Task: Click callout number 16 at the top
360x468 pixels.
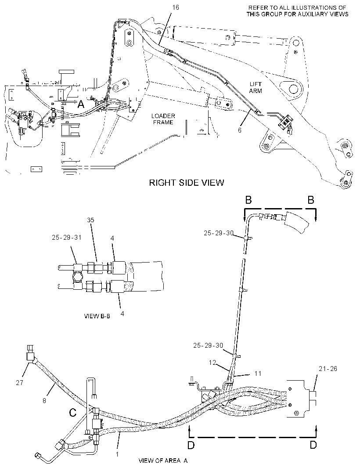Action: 176,7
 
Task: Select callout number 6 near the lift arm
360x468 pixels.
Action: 239,130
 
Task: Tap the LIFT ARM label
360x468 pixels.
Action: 255,87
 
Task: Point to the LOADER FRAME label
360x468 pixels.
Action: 163,119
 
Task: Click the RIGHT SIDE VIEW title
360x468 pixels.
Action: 187,182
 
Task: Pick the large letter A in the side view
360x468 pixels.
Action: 81,104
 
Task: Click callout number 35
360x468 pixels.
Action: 90,220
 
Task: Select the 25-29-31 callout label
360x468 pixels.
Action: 66,237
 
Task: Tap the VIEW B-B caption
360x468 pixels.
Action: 97,316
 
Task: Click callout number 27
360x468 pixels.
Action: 19,382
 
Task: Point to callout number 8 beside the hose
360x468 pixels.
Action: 44,401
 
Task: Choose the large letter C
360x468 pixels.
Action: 72,413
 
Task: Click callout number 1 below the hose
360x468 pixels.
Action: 117,454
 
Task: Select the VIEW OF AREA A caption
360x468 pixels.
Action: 163,461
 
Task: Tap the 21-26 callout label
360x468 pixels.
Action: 328,369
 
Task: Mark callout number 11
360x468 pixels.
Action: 258,373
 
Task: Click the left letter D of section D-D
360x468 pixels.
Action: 191,445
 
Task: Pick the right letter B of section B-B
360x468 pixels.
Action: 311,200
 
